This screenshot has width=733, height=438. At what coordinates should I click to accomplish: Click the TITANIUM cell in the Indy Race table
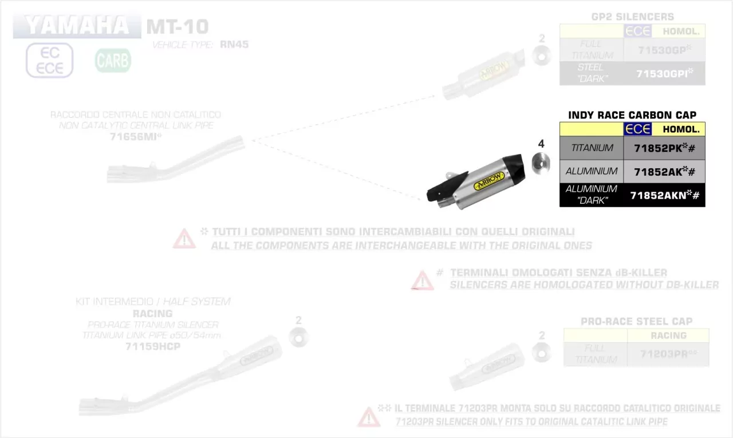point(592,148)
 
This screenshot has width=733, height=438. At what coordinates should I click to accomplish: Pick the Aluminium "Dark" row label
point(591,195)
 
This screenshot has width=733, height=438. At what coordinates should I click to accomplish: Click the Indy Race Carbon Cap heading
point(632,115)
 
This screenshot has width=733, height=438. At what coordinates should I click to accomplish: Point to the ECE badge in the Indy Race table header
point(638,129)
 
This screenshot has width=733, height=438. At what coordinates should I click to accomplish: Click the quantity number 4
point(541,144)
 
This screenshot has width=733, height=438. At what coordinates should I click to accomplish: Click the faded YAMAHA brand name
point(77,26)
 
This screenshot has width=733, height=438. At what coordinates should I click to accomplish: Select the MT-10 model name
point(178,26)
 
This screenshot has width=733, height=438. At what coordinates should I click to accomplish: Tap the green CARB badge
point(113,60)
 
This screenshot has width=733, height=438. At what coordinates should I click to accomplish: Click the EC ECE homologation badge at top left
point(50,60)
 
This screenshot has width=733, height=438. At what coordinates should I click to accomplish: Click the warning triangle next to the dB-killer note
point(423,280)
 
